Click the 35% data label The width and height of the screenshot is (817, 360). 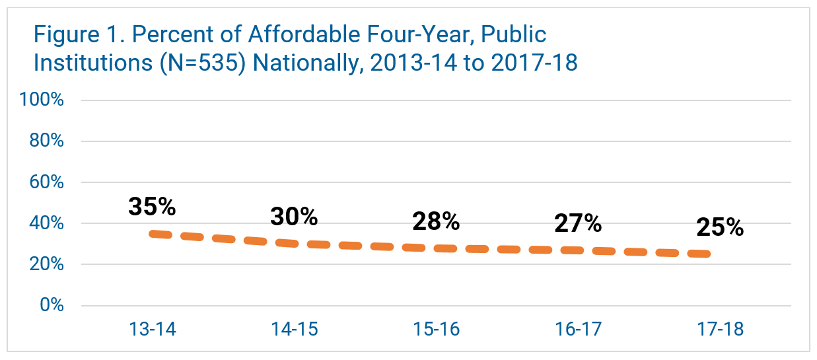pos(152,207)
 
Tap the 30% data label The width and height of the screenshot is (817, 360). pos(294,217)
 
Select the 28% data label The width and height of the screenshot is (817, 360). pos(436,221)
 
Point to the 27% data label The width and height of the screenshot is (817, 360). pos(578,223)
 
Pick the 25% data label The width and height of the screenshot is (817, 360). pos(720,228)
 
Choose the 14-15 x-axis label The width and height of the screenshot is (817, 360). pos(294,329)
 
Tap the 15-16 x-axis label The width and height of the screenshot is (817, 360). pos(436,329)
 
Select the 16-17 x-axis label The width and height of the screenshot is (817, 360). pos(578,329)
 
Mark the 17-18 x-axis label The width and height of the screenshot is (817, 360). pos(720,329)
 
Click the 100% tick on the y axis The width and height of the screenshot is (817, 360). pos(42,100)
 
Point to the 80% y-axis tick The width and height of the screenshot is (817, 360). pos(46,141)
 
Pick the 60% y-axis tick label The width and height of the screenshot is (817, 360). pos(46,182)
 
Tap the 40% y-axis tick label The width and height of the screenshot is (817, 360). pos(46,223)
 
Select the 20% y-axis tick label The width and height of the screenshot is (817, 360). pos(46,264)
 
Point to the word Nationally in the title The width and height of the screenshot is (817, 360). pos(308,63)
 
